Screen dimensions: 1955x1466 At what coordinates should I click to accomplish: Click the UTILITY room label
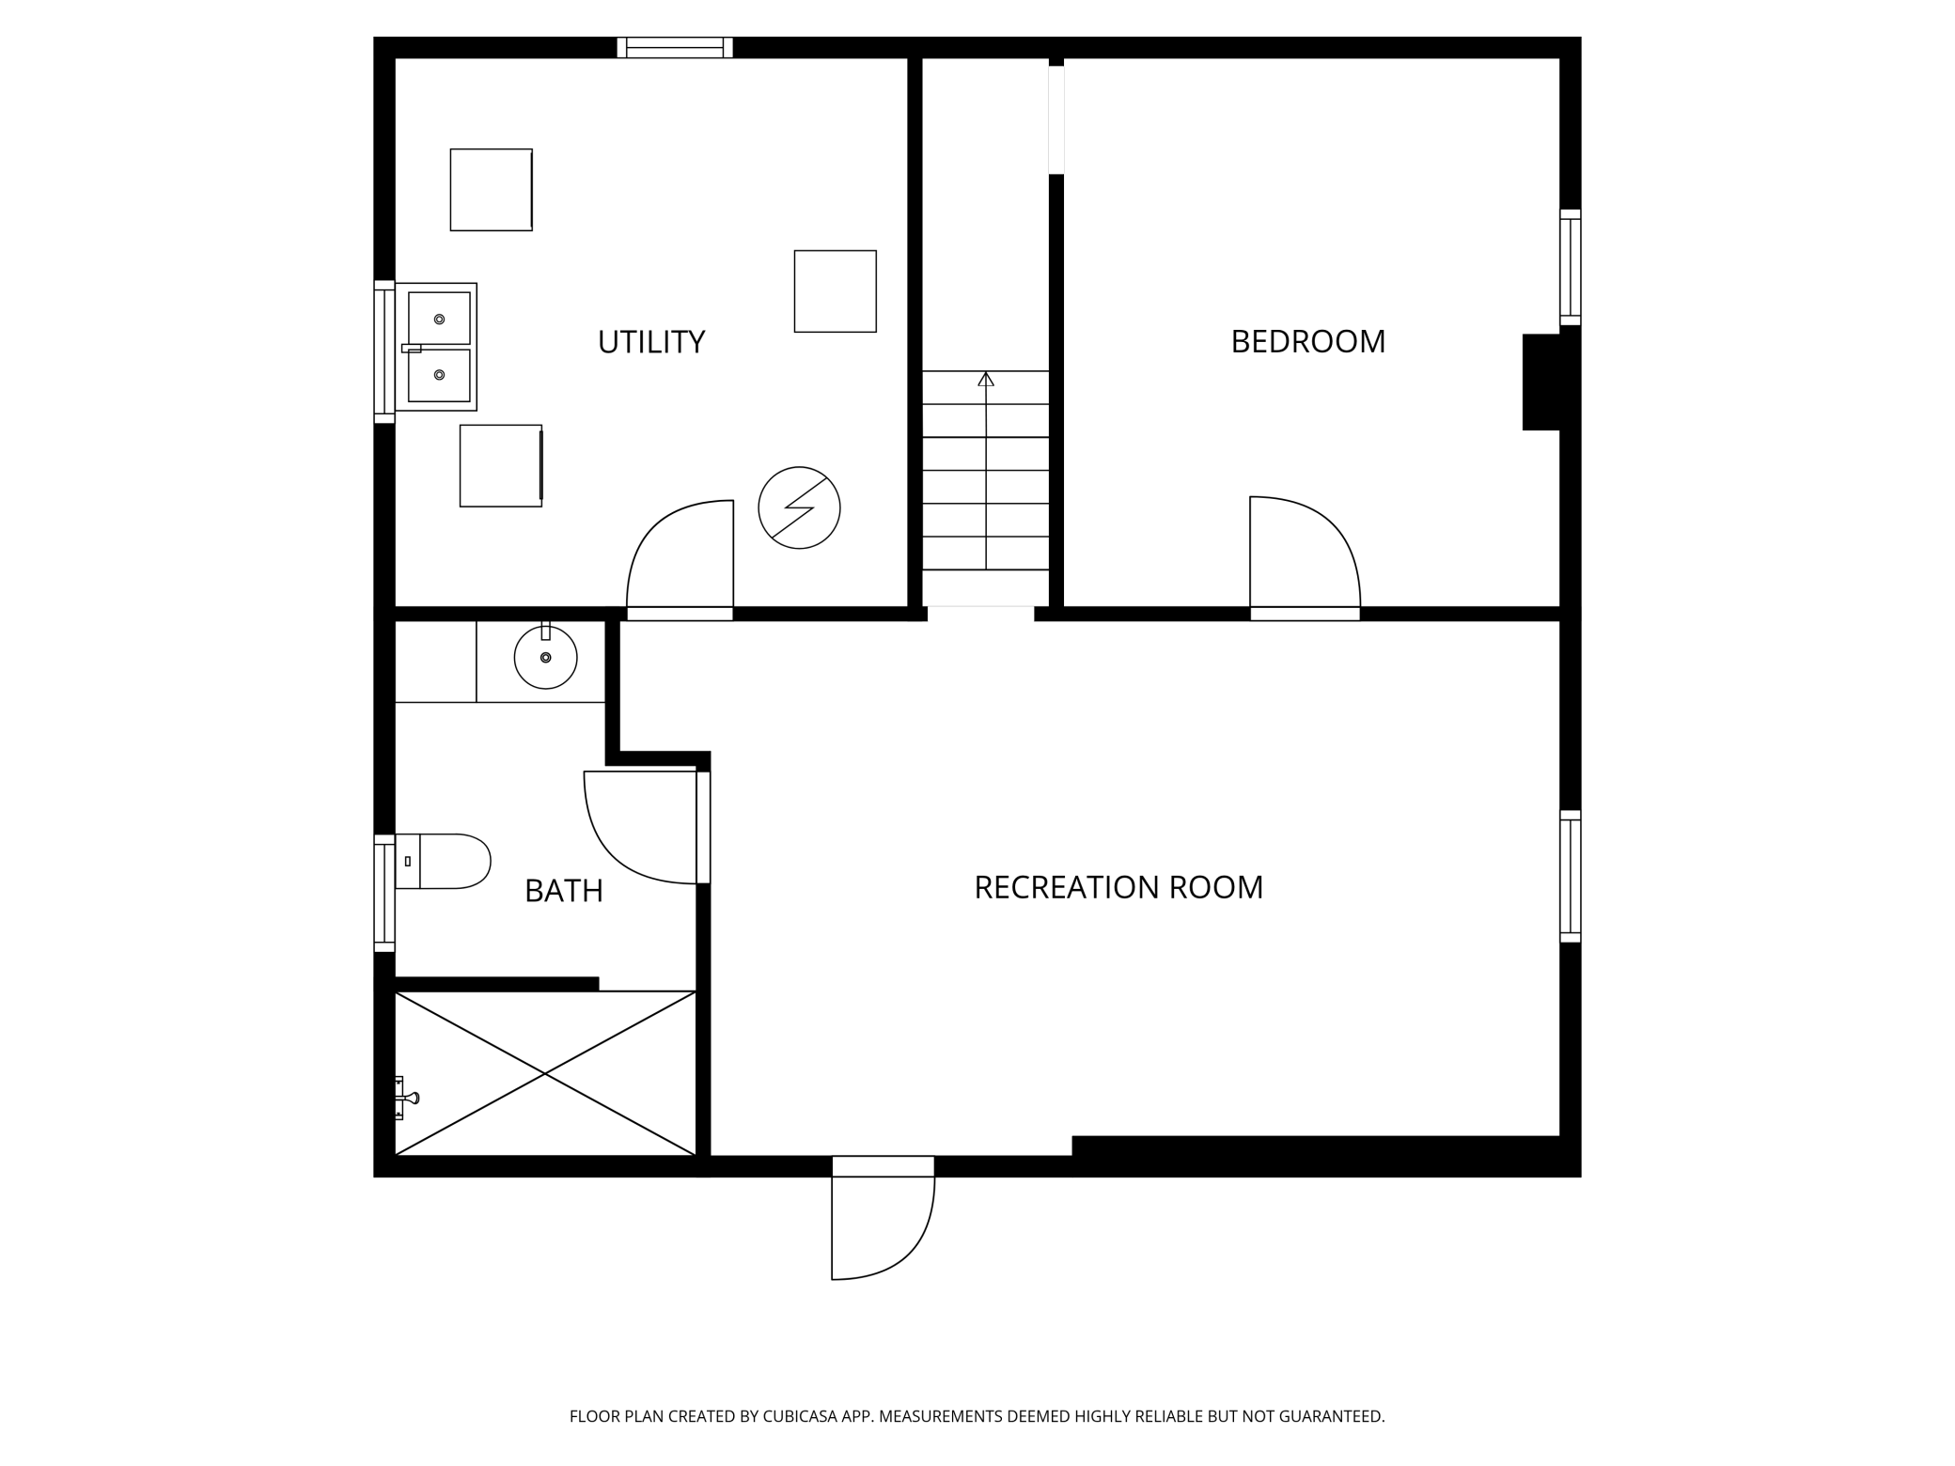click(x=651, y=342)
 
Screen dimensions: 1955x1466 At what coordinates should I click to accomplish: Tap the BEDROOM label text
click(x=1307, y=342)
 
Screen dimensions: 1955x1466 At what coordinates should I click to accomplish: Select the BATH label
click(x=564, y=891)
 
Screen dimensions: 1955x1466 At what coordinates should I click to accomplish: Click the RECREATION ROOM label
click(x=1118, y=887)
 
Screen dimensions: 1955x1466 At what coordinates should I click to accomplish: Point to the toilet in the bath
click(x=443, y=861)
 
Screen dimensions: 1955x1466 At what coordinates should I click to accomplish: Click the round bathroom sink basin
click(x=545, y=657)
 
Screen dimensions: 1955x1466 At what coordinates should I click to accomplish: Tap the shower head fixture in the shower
click(x=406, y=1098)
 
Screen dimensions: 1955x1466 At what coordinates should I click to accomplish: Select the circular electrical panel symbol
click(x=799, y=507)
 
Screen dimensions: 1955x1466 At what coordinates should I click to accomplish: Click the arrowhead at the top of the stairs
click(x=985, y=380)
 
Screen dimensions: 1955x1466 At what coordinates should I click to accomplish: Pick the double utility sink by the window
click(x=436, y=347)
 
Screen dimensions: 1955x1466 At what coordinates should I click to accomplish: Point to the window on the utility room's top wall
click(x=675, y=47)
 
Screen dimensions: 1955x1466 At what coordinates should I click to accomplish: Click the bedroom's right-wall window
click(x=1571, y=267)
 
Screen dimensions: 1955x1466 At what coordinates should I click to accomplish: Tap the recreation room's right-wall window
click(x=1571, y=876)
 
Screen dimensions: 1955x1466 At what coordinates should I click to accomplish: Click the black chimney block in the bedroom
click(x=1541, y=382)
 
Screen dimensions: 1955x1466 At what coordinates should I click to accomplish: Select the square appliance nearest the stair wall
click(x=836, y=291)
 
